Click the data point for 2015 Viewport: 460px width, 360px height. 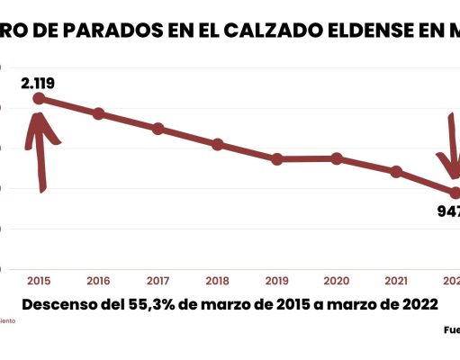click(x=39, y=98)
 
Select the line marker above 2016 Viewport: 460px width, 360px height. click(x=99, y=113)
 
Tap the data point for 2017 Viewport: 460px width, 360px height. click(x=158, y=129)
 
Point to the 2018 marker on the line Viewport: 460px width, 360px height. click(x=218, y=144)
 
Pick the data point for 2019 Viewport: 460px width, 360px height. click(x=277, y=159)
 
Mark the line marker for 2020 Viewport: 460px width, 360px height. click(x=337, y=158)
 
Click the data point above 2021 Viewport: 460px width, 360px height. click(x=396, y=171)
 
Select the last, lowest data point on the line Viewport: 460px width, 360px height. click(x=455, y=193)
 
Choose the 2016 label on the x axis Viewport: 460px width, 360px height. click(x=98, y=280)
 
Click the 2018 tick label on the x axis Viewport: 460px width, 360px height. click(x=217, y=280)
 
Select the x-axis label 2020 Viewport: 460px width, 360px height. click(x=337, y=280)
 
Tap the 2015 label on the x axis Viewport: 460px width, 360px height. click(x=39, y=280)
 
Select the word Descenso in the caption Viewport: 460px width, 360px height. click(x=60, y=304)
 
